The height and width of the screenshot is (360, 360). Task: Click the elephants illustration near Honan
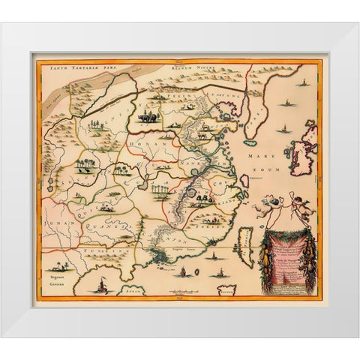[x=148, y=117]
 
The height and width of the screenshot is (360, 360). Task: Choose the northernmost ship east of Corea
[x=299, y=76]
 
